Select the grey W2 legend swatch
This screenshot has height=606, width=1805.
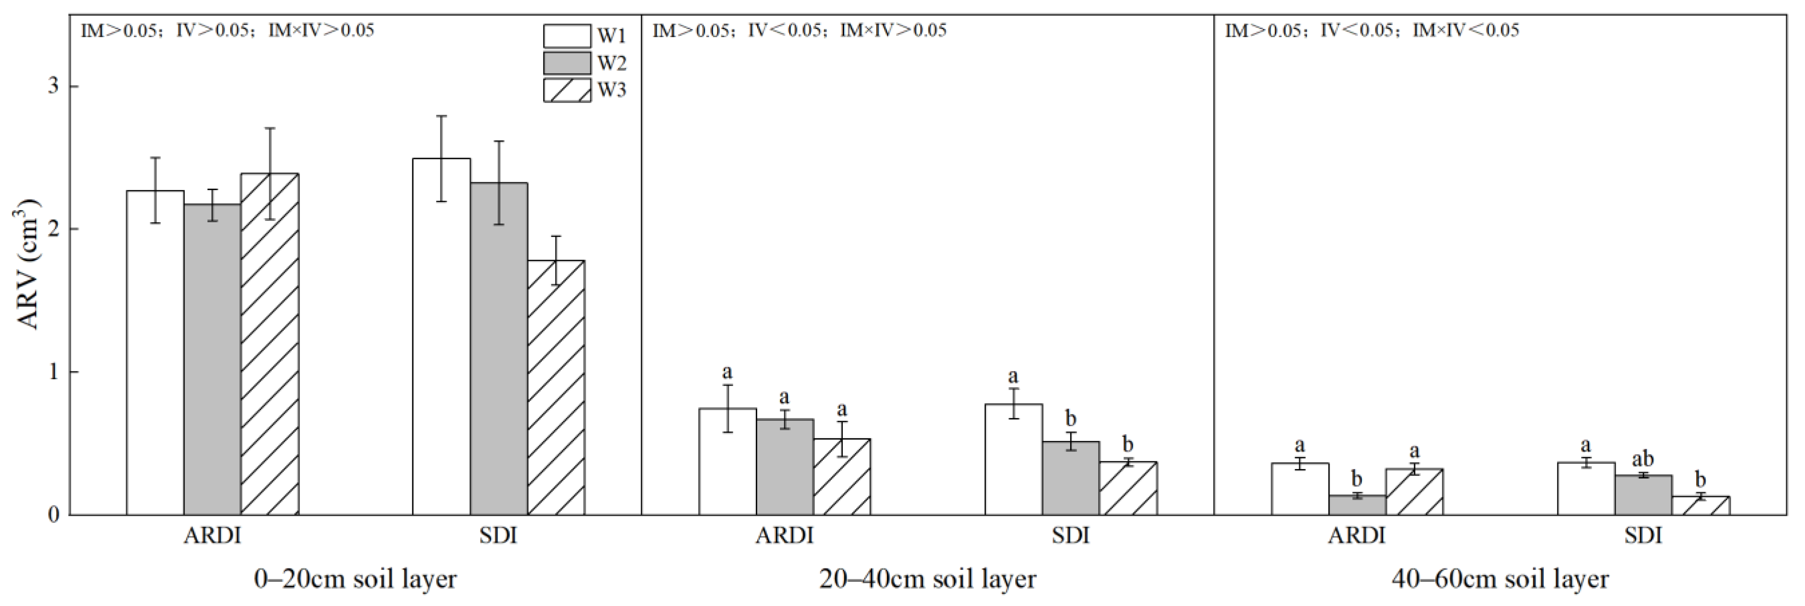567,63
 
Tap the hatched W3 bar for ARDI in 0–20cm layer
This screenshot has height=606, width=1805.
270,344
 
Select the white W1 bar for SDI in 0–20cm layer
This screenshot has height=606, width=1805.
441,336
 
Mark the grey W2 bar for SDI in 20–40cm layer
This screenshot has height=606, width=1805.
1071,477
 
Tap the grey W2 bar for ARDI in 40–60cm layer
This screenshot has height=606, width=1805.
1357,505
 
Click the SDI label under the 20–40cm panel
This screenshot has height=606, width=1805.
1071,536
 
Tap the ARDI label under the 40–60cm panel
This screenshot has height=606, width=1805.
1357,536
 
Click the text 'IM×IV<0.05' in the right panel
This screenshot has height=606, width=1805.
1466,30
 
